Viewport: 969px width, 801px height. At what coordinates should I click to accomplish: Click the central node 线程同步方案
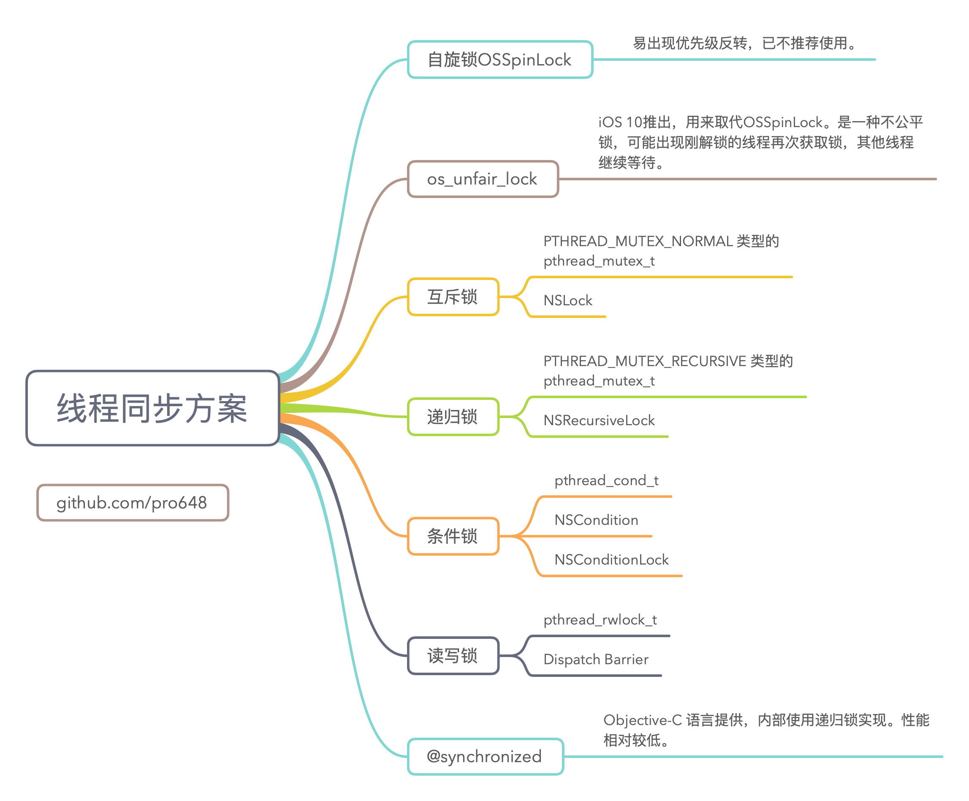point(153,408)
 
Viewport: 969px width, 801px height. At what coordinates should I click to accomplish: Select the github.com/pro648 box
point(133,502)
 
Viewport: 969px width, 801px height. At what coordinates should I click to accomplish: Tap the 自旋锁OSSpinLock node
point(500,60)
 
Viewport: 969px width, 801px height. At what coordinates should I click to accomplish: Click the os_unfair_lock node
point(483,179)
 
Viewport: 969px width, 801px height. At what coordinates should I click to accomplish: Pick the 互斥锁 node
point(453,297)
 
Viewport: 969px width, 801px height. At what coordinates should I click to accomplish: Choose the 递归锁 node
point(453,417)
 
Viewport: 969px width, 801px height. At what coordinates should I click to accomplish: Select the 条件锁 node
point(453,536)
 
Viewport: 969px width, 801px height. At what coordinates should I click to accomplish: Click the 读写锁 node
point(453,656)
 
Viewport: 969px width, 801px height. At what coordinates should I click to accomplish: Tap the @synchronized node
point(485,757)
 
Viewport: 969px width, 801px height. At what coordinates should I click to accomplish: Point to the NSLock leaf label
point(567,300)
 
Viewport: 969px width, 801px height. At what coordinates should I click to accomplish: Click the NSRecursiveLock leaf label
point(599,420)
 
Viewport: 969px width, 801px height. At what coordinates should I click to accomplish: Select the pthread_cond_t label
point(606,481)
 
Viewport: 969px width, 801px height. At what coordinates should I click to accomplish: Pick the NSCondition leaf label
point(596,520)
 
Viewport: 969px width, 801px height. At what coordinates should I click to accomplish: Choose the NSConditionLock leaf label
point(611,559)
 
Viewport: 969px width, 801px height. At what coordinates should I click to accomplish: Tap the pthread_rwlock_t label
point(600,620)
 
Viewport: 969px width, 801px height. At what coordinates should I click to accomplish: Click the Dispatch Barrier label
point(596,660)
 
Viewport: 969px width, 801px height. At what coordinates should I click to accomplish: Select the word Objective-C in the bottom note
point(642,720)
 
